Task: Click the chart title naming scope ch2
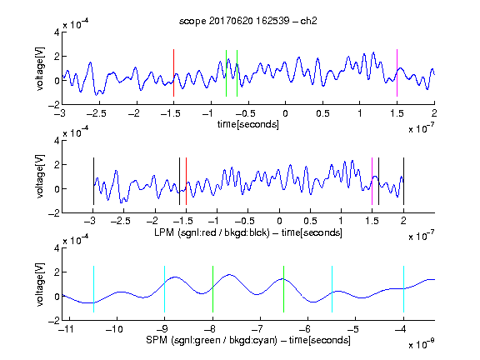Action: (247, 21)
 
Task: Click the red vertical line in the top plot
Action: (173, 72)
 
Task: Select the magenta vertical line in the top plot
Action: (397, 72)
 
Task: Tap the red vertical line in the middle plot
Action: (186, 181)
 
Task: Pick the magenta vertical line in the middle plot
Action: (372, 181)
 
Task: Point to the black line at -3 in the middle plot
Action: (93, 181)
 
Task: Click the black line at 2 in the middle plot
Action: (404, 181)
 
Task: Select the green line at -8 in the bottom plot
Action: (212, 289)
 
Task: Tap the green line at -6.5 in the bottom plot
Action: (284, 289)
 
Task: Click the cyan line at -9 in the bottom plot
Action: (165, 289)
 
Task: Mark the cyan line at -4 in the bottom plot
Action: (404, 289)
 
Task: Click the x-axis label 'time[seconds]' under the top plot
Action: (248, 124)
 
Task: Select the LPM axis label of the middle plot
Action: (248, 232)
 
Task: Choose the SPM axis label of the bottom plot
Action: (248, 340)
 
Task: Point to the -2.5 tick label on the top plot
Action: (97, 113)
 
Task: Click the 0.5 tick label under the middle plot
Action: (310, 222)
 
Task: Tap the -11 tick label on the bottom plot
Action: (66, 329)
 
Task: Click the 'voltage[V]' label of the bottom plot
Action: (40, 284)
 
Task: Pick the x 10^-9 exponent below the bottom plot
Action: (422, 344)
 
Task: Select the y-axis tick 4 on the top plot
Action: (57, 32)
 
